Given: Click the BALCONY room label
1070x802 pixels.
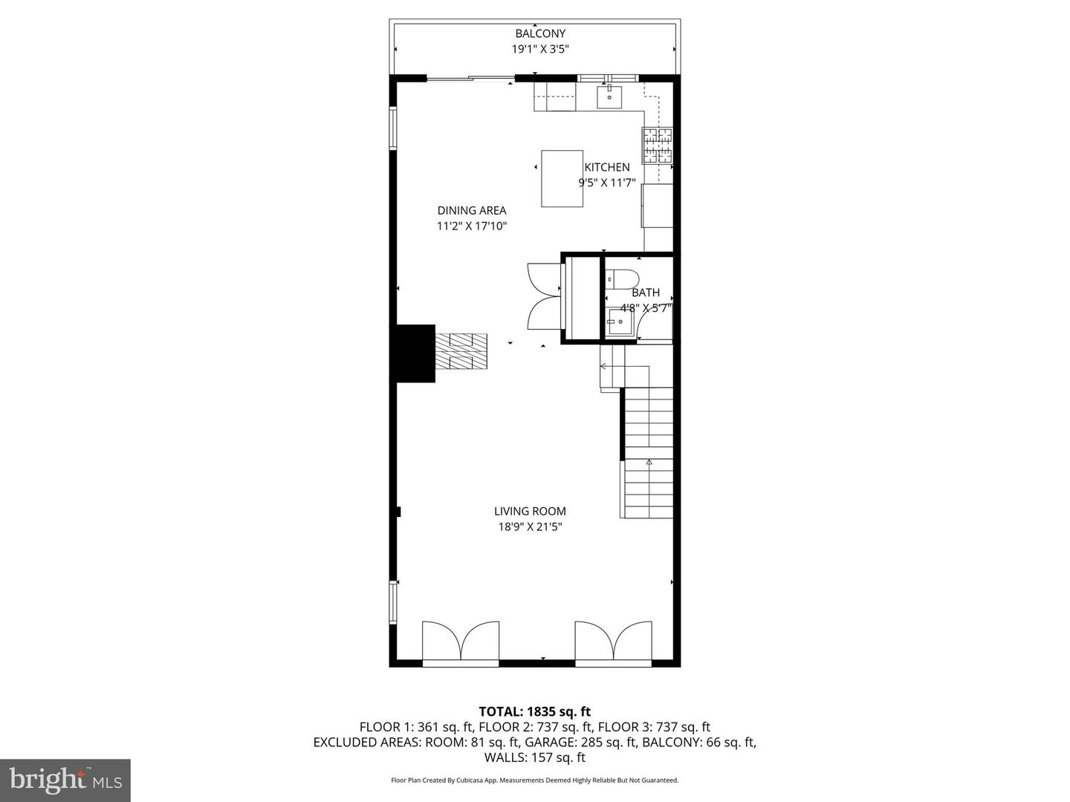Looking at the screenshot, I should point(540,33).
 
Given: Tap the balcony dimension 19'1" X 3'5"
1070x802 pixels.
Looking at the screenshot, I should point(540,50).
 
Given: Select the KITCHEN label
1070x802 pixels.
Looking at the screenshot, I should point(607,167).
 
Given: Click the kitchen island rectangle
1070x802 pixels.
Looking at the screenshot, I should point(562,178).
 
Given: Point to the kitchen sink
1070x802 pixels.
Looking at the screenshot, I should point(609,97).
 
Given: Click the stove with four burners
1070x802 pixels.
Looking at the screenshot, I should point(658,146).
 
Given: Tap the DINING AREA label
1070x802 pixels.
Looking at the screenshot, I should point(471,210).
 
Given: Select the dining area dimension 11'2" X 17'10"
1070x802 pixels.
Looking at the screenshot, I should point(471,226).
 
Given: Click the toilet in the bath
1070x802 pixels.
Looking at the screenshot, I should point(621,279).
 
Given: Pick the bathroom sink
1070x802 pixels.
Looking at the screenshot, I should point(618,322).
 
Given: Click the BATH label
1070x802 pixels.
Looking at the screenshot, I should point(645,293).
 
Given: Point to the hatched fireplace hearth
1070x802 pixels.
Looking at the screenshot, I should point(461,351).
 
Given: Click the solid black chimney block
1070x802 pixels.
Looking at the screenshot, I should point(415,353).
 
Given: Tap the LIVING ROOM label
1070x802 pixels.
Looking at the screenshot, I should point(530,511).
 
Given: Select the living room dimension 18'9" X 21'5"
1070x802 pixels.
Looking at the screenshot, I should point(530,527).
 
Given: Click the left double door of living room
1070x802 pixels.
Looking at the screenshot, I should point(461,641).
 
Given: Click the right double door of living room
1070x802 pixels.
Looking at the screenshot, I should point(614,641).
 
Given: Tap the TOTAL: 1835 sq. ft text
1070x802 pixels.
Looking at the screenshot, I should point(535,711).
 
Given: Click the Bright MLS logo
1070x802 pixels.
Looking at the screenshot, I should point(65,780).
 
